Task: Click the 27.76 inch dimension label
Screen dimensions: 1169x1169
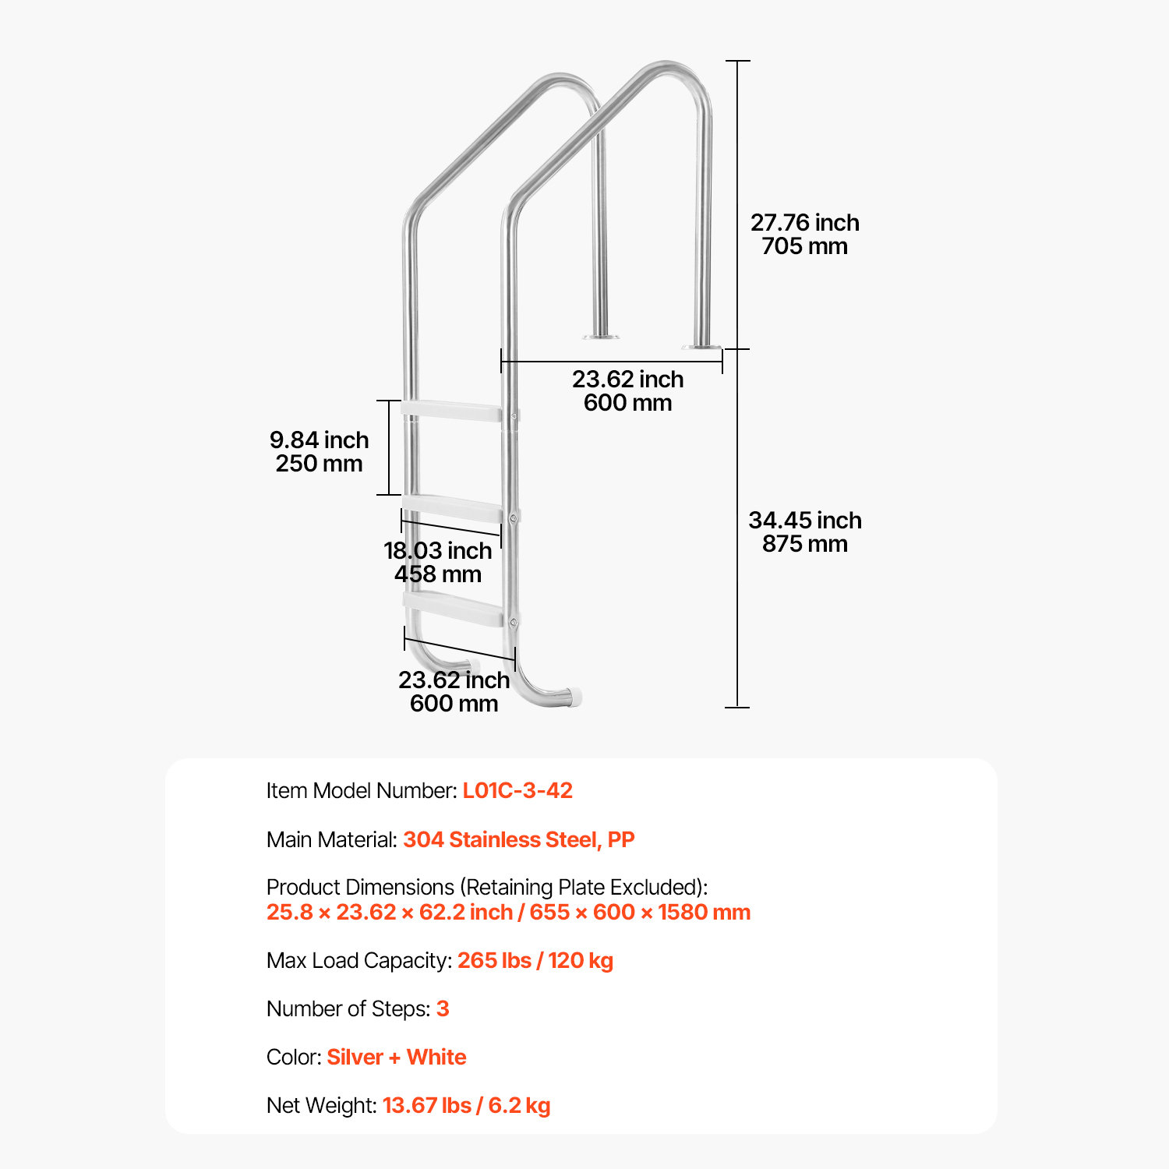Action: point(804,223)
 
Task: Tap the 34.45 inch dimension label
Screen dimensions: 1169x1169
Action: point(804,521)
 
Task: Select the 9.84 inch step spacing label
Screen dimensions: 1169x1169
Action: point(319,440)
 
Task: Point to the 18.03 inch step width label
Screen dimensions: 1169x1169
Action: point(437,551)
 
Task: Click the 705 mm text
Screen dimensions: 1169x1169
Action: point(804,246)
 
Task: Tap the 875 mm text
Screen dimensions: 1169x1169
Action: point(804,544)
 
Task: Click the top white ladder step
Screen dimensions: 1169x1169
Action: point(451,411)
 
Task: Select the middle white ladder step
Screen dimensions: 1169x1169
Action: point(452,508)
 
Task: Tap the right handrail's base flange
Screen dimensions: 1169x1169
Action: point(701,346)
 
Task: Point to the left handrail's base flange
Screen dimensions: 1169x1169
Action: point(601,337)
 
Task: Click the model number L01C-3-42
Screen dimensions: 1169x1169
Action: point(517,790)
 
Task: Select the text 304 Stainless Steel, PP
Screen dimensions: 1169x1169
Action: point(518,839)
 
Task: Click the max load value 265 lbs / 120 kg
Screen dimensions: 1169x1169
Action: point(535,960)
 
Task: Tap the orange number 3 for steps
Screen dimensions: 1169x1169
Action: point(443,1008)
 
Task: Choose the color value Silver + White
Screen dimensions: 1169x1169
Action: point(396,1057)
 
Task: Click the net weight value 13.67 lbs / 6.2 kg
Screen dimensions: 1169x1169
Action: point(466,1105)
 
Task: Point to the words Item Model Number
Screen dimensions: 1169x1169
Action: point(361,790)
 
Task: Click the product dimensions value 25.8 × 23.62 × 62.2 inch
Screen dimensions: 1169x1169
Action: point(389,912)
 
